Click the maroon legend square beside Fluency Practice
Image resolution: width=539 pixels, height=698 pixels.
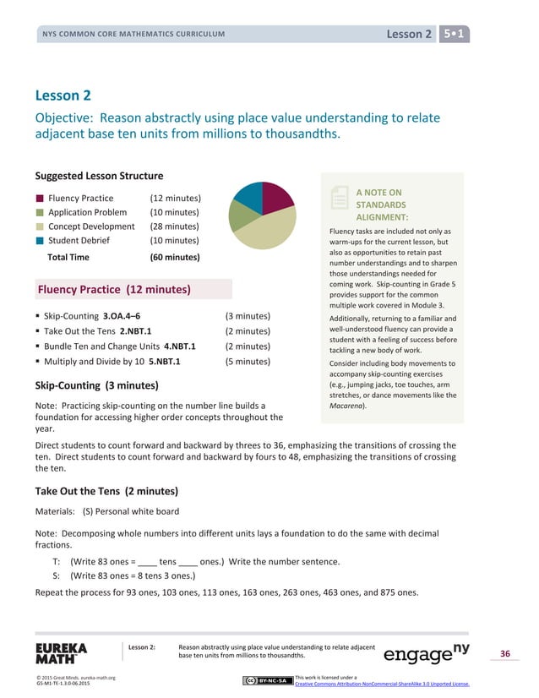[40, 199]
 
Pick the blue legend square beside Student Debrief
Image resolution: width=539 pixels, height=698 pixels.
[40, 240]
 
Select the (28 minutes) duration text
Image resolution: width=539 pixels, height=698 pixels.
[174, 226]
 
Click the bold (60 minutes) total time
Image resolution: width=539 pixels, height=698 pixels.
[174, 257]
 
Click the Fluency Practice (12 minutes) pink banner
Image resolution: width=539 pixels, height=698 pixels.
[133, 290]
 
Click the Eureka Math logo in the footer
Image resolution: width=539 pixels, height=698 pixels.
[61, 653]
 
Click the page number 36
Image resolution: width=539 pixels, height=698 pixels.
[504, 653]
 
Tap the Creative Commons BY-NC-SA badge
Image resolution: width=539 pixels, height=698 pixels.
[266, 680]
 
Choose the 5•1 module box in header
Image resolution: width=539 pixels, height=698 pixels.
[455, 34]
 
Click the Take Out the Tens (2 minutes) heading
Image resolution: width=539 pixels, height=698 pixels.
[106, 491]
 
